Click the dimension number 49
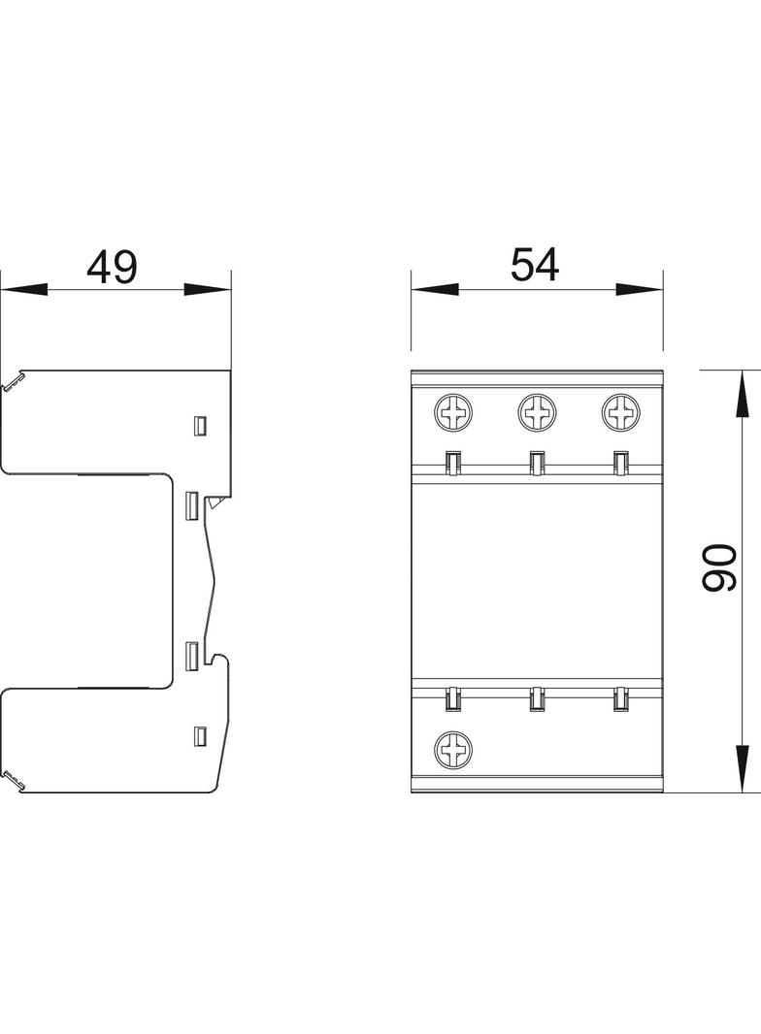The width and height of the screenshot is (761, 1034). (113, 268)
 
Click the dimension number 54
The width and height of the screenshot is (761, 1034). (536, 266)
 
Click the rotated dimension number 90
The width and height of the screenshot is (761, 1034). (720, 568)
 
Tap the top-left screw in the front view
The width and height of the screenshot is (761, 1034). (453, 414)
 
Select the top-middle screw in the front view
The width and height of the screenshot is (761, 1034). (537, 414)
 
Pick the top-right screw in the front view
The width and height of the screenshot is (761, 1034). (620, 414)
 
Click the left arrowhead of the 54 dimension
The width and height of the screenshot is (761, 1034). (434, 289)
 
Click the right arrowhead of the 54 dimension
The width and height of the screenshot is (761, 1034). (639, 289)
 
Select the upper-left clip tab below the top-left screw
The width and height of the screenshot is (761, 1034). (452, 464)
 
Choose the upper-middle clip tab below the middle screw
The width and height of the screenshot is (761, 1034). (536, 464)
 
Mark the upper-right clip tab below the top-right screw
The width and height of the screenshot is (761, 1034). (619, 464)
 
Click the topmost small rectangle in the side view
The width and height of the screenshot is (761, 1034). (201, 425)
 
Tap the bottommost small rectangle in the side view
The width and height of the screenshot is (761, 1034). (201, 735)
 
